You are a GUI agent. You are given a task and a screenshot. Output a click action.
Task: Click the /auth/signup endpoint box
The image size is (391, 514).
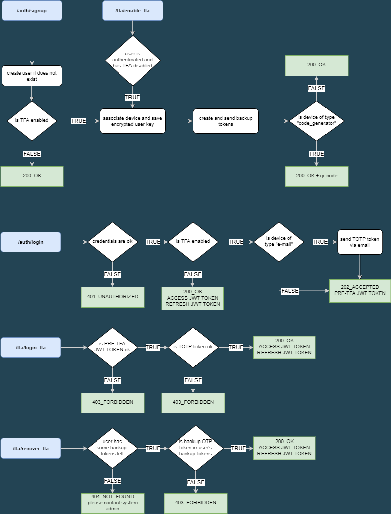(32, 10)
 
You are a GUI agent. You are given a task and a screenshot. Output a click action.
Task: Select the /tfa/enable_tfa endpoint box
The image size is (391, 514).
(133, 10)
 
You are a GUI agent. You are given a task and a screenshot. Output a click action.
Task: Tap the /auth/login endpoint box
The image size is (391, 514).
(31, 242)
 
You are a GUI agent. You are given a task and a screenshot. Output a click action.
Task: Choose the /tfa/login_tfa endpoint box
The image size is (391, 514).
(31, 347)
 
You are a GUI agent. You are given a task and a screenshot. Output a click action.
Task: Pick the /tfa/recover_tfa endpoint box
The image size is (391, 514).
(31, 448)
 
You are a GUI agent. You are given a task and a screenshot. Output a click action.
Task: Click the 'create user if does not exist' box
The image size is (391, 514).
(32, 76)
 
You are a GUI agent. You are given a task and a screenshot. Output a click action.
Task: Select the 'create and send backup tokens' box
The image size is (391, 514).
(226, 121)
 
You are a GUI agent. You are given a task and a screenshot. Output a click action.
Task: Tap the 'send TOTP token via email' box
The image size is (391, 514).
(360, 242)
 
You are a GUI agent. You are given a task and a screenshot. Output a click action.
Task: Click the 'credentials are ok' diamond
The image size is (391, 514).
(112, 242)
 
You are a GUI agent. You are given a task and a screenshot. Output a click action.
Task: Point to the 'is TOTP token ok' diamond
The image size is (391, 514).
(193, 347)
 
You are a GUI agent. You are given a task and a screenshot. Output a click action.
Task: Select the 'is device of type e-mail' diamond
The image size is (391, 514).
(279, 242)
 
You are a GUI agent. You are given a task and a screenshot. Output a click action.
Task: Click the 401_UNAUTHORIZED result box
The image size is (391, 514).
(112, 297)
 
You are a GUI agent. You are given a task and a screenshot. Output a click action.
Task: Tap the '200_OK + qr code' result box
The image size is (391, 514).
(316, 176)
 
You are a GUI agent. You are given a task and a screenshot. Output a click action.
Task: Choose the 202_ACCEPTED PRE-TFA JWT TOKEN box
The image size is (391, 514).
(360, 290)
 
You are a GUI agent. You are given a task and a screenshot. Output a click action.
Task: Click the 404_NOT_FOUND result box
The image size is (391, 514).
(112, 503)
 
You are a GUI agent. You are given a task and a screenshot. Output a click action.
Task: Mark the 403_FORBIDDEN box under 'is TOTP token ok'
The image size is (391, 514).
(193, 402)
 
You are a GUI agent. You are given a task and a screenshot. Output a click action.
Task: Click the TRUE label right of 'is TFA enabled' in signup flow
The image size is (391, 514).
(78, 121)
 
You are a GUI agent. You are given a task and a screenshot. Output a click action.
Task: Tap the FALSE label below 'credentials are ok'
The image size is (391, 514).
(112, 274)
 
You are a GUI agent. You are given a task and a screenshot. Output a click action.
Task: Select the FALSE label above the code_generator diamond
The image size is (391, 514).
(316, 88)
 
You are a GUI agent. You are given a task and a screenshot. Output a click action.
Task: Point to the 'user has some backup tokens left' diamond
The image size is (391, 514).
(112, 448)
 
